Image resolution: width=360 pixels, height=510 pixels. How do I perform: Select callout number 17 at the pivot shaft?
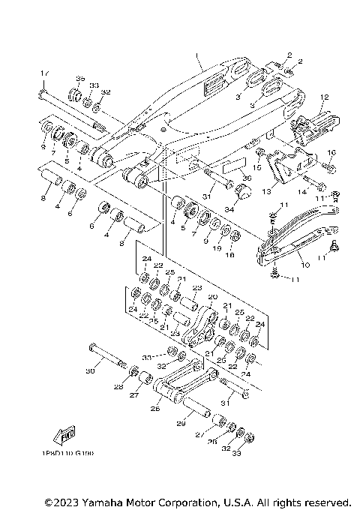click(43, 73)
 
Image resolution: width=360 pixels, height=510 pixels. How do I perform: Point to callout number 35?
click(80, 78)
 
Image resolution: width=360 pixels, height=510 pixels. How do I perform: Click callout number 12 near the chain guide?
click(324, 97)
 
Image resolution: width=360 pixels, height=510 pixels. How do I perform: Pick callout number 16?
click(331, 153)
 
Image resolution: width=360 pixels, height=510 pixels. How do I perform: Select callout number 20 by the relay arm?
click(211, 297)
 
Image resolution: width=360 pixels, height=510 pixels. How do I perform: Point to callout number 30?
click(91, 370)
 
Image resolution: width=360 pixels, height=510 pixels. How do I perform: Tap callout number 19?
click(217, 246)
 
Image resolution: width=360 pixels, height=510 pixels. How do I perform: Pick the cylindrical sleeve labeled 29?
click(196, 409)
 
